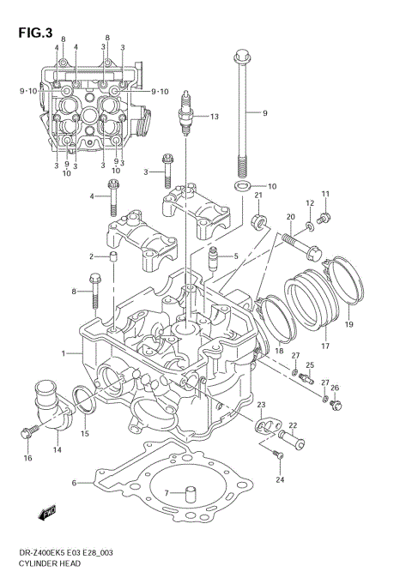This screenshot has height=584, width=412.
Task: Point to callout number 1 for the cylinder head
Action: click(63, 353)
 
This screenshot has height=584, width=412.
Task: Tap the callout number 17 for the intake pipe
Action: click(325, 346)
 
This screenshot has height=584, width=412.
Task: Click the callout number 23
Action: click(261, 404)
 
